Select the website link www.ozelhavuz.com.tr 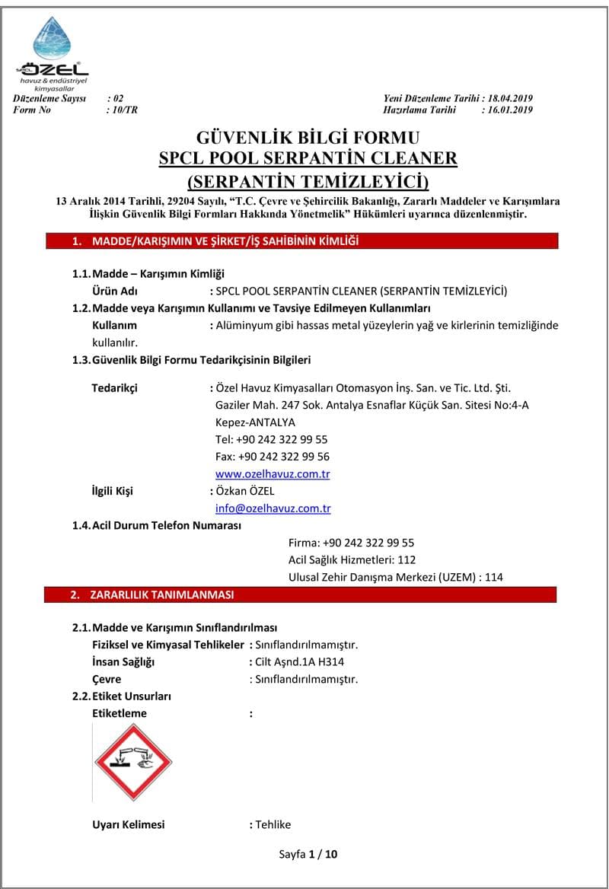pos(273,473)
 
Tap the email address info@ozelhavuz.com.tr pos(273,508)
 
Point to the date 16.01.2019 pos(509,110)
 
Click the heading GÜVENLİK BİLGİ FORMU pos(308,138)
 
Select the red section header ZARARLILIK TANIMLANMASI pos(162,594)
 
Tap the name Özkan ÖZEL pos(245,491)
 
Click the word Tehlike pos(273,824)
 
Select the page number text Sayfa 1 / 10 pos(308,853)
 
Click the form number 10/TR pos(123,110)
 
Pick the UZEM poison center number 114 pos(493,577)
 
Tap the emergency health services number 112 pos(407,559)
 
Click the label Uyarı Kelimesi pos(128,824)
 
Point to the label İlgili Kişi pos(112,491)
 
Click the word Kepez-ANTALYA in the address pos(255,422)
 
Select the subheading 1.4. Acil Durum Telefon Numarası pos(156,526)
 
